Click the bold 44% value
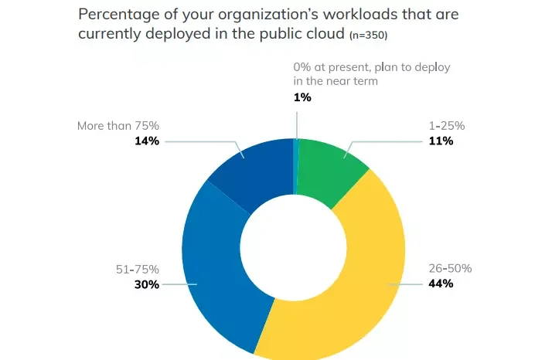click(x=440, y=284)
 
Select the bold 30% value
click(x=146, y=284)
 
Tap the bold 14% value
click(x=146, y=141)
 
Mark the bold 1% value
click(x=302, y=97)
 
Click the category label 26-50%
click(x=450, y=269)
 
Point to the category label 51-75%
click(x=137, y=270)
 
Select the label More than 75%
click(x=118, y=125)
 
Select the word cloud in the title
click(x=322, y=33)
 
